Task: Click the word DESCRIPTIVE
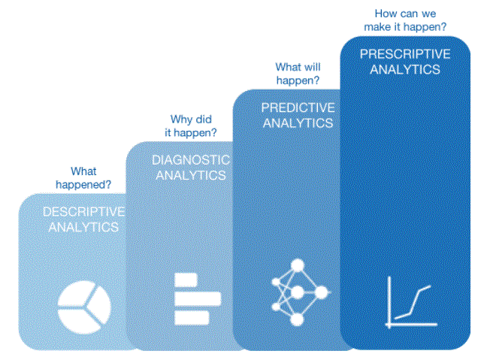click(83, 212)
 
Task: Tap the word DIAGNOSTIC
click(191, 160)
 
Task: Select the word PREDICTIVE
click(298, 107)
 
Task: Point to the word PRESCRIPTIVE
click(405, 54)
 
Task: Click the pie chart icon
click(84, 307)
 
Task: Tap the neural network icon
click(300, 292)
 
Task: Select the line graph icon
click(411, 302)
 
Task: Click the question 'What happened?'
click(83, 178)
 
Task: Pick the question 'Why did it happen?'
click(191, 126)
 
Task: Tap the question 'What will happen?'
click(298, 74)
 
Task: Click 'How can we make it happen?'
click(405, 20)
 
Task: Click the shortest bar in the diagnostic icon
click(186, 280)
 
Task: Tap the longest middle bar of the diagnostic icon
click(198, 298)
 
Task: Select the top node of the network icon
click(298, 265)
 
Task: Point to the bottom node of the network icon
click(297, 320)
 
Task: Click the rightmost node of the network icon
click(322, 292)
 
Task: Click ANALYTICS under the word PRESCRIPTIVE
click(405, 70)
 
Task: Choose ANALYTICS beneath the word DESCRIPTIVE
click(83, 227)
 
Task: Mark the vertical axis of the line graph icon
click(389, 302)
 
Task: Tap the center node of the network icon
click(297, 292)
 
